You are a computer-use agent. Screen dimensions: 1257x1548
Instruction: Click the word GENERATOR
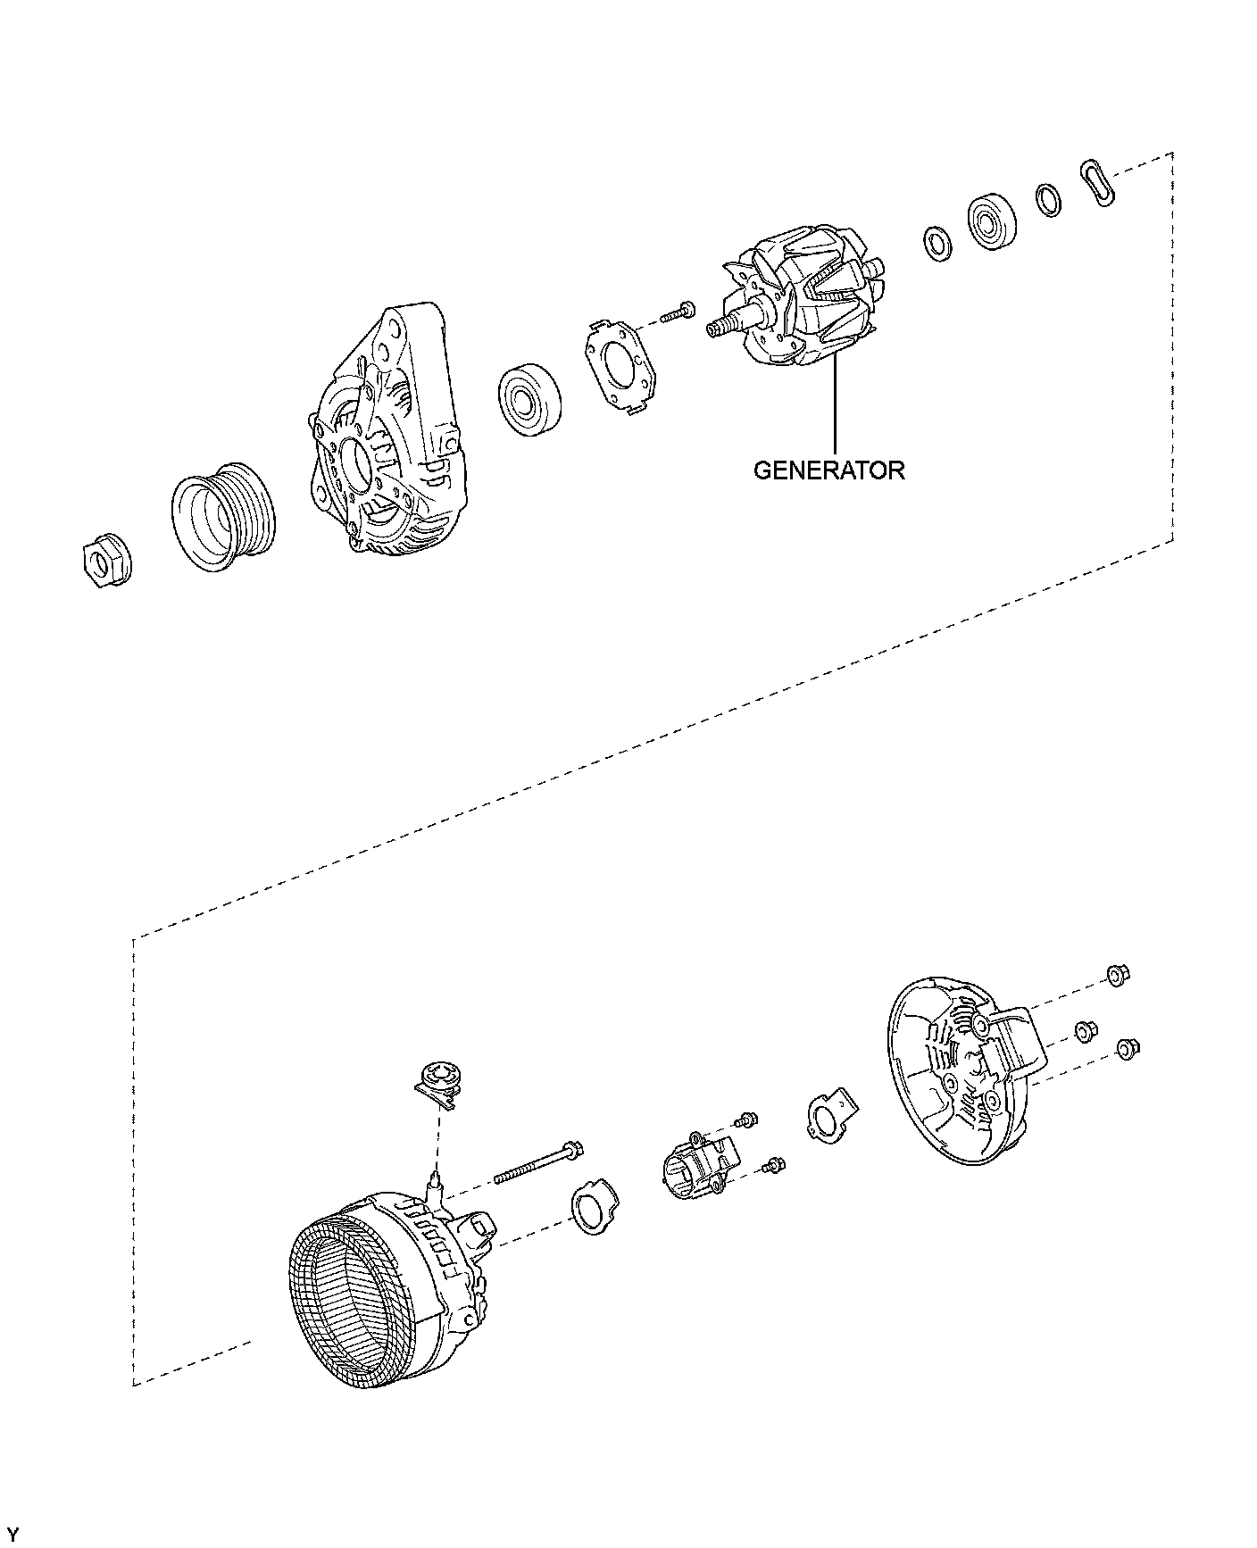tap(828, 470)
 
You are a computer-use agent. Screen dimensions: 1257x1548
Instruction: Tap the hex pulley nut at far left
tap(102, 562)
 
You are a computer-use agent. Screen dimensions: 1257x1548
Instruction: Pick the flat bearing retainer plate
tap(619, 368)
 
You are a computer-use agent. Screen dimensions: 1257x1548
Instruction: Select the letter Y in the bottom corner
tap(12, 1533)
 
